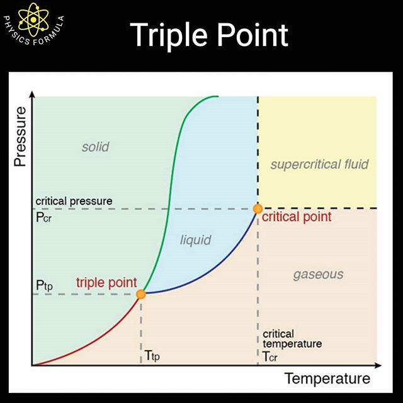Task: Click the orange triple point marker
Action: coord(141,294)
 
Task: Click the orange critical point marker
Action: coord(258,208)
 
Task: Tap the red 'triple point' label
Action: coord(106,283)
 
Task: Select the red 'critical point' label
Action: coord(297,217)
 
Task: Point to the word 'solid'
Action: coord(95,147)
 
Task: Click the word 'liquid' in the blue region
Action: coord(196,241)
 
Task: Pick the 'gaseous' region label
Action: coord(318,275)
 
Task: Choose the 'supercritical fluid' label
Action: coord(319,164)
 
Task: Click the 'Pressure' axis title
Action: coord(20,137)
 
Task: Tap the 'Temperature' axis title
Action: coord(327,378)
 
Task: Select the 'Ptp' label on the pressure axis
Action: coord(44,285)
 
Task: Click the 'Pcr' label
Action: coord(43,217)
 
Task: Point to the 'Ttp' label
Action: coord(152,356)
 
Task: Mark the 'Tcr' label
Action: coord(270,356)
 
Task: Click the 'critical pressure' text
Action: coord(74,201)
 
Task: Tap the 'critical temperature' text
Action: coord(292,339)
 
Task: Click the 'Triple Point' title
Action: coord(209,35)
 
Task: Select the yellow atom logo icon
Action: coord(33,20)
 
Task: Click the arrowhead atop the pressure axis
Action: coord(32,94)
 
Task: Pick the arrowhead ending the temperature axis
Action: coord(378,365)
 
